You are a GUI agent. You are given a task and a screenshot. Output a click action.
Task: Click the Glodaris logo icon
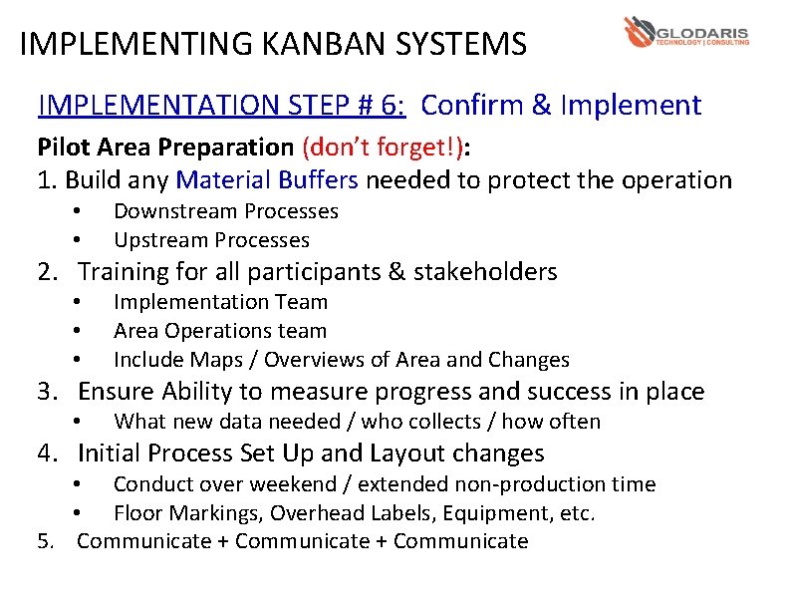coord(639,32)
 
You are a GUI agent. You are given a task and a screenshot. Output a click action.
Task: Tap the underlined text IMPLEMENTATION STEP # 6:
coord(225,105)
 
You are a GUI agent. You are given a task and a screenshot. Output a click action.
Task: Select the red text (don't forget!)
coord(382,148)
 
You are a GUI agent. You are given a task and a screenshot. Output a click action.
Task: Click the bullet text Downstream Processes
coord(225,211)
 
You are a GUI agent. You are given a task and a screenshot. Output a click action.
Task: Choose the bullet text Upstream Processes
coord(211,240)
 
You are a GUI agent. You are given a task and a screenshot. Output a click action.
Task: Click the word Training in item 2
coord(124,271)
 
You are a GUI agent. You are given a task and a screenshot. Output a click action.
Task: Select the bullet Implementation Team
coord(220,302)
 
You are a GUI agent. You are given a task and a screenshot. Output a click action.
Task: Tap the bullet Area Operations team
coord(219,331)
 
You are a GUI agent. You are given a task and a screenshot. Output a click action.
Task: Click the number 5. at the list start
coord(46,541)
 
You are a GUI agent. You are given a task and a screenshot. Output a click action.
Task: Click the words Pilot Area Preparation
coord(164,148)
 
